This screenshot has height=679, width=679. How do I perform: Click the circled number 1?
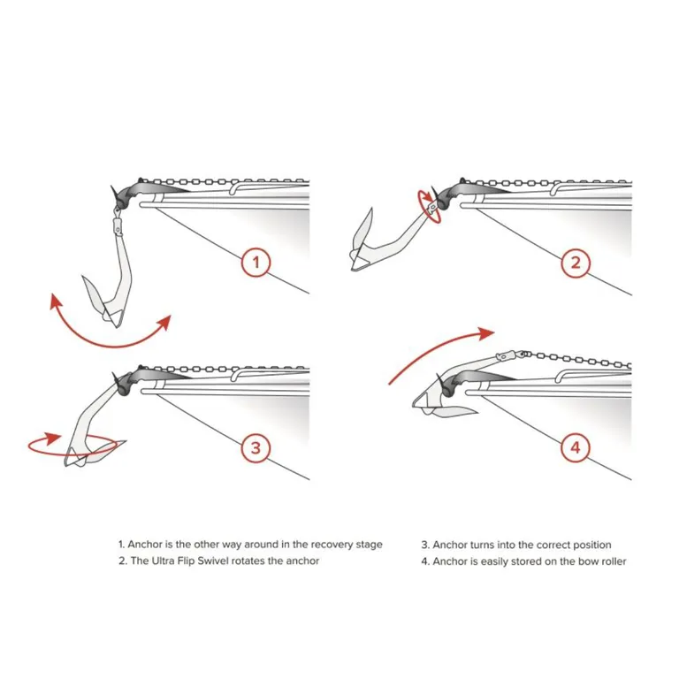[256, 263]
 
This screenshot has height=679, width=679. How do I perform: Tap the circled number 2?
[576, 263]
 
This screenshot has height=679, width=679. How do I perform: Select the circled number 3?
[256, 448]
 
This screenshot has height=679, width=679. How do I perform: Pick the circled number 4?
[576, 448]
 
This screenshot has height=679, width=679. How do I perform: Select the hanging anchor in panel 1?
[111, 283]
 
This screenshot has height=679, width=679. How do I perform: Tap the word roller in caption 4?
[611, 561]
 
